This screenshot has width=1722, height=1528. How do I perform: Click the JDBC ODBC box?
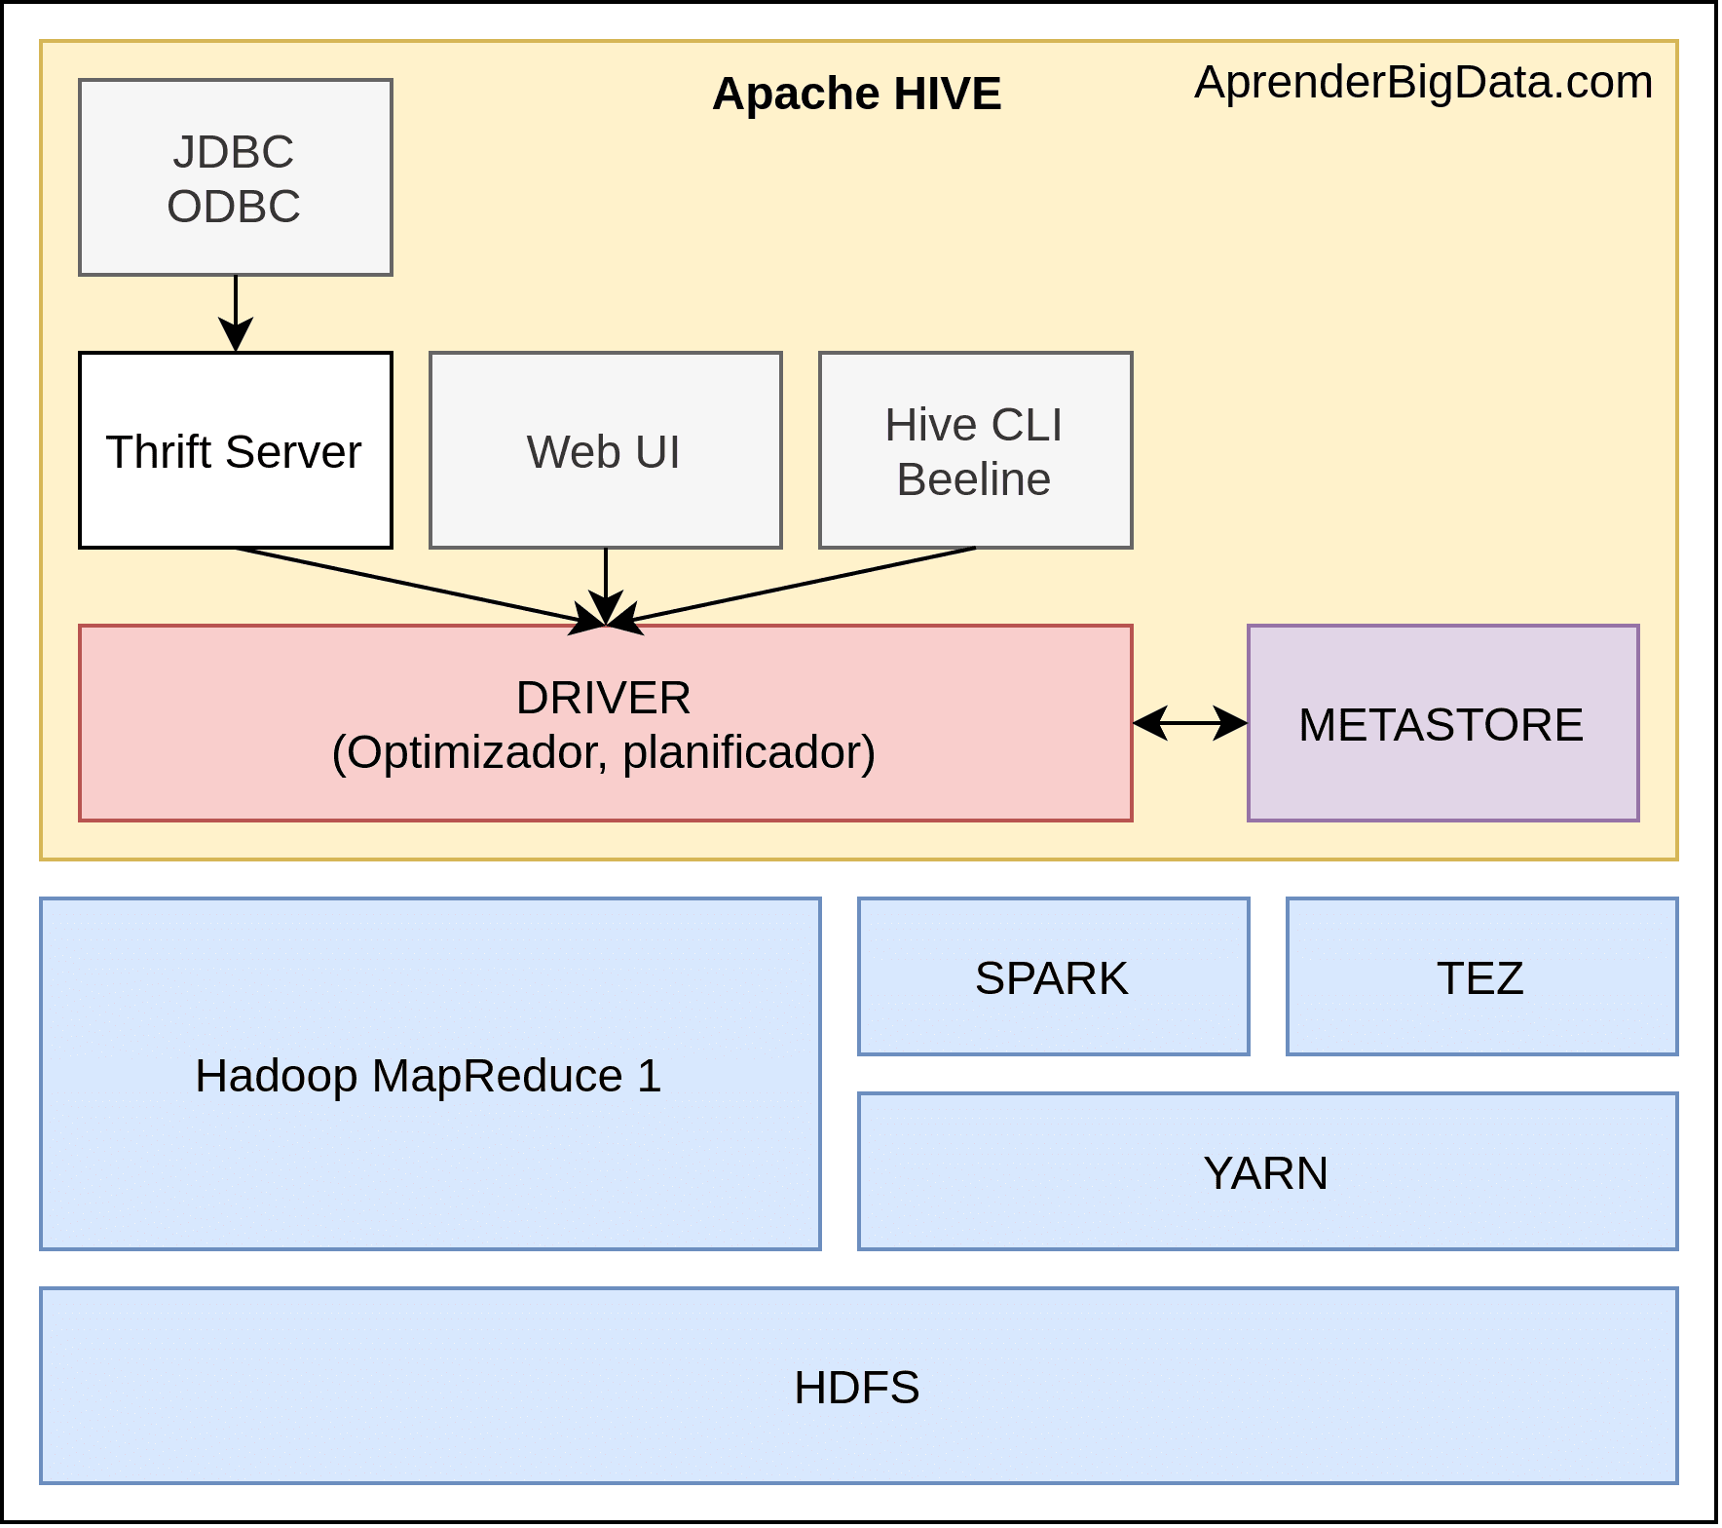pyautogui.click(x=235, y=177)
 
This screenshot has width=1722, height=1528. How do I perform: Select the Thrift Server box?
pyautogui.click(x=235, y=450)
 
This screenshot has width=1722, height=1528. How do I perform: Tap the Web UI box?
pyautogui.click(x=605, y=450)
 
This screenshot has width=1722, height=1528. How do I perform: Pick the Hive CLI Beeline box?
pyautogui.click(x=975, y=450)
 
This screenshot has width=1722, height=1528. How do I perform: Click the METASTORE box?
pyautogui.click(x=1442, y=723)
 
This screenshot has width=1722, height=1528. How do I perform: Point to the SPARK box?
pyautogui.click(x=1053, y=976)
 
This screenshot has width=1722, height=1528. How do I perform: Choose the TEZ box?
pyautogui.click(x=1481, y=976)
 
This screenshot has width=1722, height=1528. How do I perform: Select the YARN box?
pyautogui.click(x=1267, y=1171)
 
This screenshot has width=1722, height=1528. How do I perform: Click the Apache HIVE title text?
pyautogui.click(x=856, y=95)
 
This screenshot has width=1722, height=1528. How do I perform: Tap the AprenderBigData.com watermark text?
pyautogui.click(x=1423, y=82)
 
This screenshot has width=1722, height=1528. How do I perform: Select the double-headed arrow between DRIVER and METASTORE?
pyautogui.click(x=1189, y=723)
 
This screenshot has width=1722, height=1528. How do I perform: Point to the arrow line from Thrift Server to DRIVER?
pyautogui.click(x=409, y=585)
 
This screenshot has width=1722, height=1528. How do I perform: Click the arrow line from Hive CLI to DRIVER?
pyautogui.click(x=799, y=585)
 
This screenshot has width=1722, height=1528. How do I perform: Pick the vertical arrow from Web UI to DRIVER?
pyautogui.click(x=606, y=580)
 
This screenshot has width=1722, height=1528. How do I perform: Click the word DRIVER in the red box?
pyautogui.click(x=603, y=698)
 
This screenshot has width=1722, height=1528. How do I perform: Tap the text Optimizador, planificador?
pyautogui.click(x=603, y=752)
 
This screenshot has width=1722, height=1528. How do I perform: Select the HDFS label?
pyautogui.click(x=856, y=1388)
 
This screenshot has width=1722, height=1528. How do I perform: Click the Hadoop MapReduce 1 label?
pyautogui.click(x=429, y=1076)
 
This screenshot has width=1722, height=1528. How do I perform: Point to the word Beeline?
pyautogui.click(x=973, y=479)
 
